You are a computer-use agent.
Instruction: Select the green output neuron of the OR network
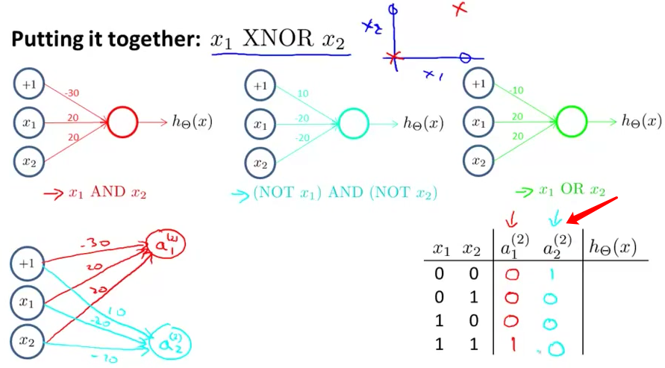point(572,121)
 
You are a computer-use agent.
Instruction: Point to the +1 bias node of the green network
point(479,83)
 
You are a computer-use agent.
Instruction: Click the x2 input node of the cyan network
point(260,162)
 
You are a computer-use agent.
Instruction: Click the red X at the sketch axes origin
point(394,57)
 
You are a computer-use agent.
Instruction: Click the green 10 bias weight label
point(517,91)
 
